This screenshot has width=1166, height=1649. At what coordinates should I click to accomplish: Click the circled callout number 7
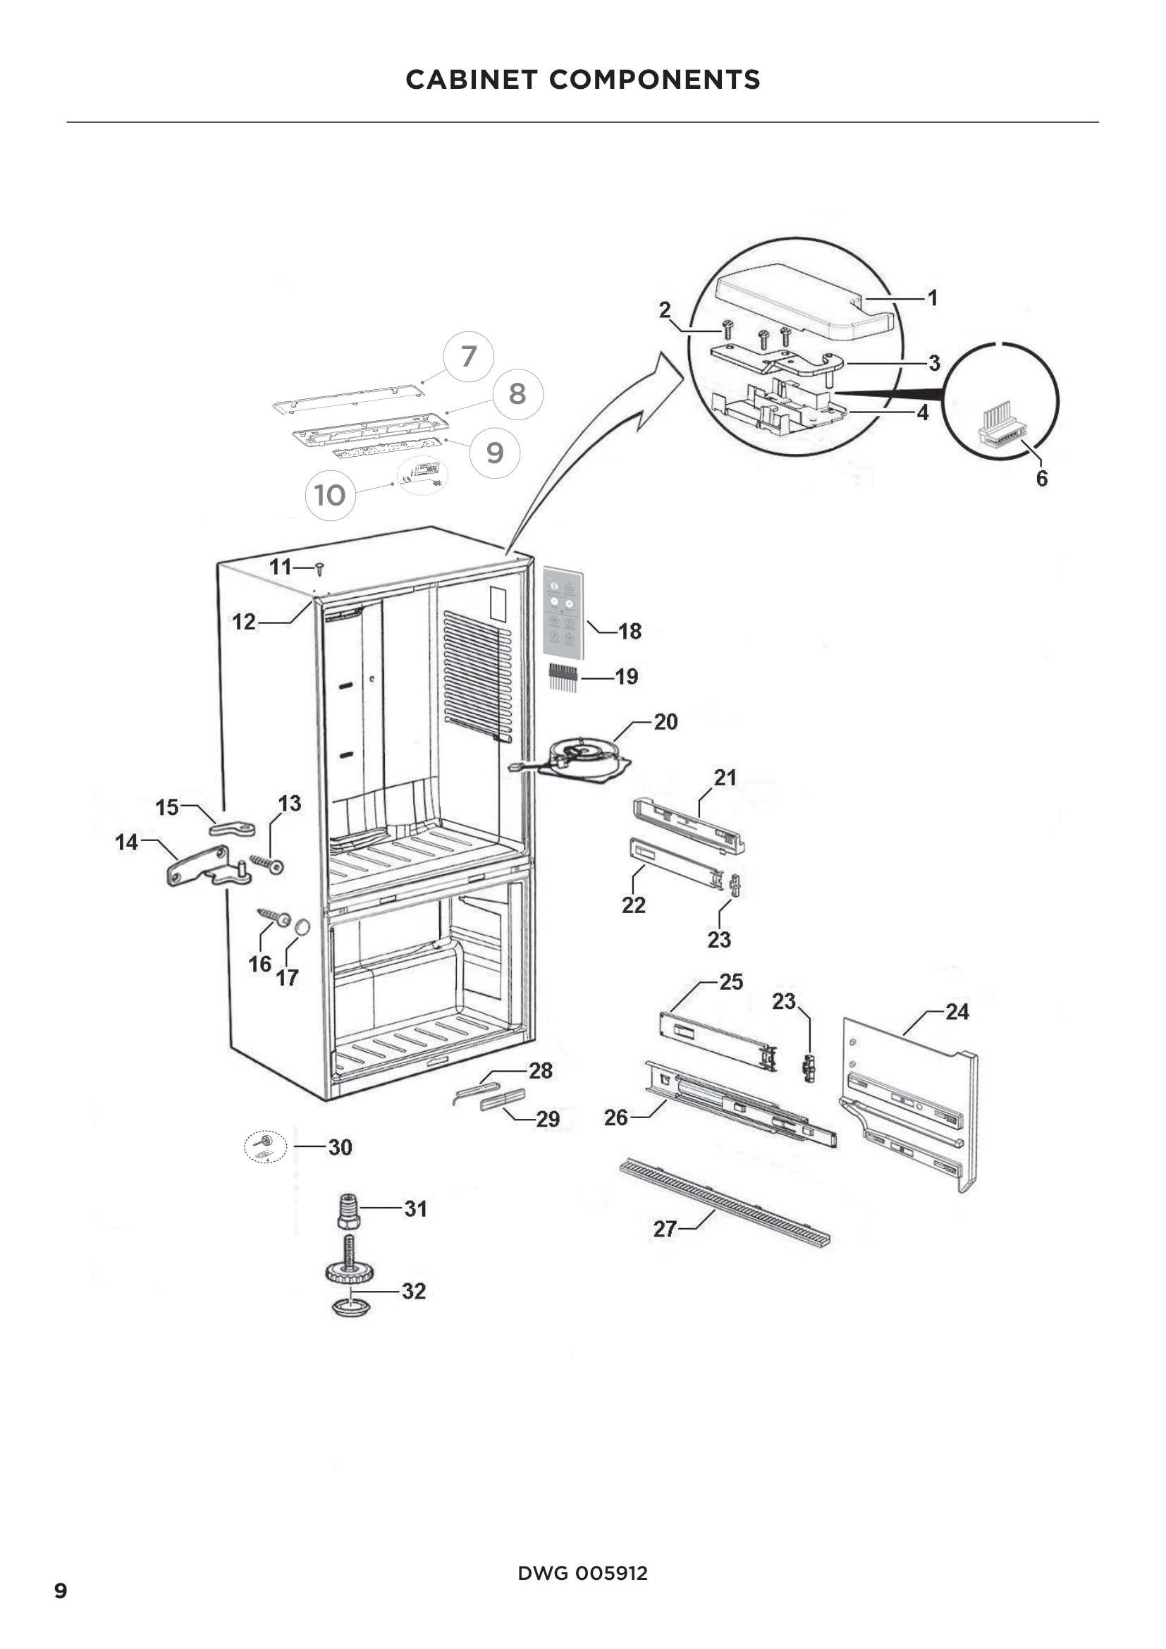468,356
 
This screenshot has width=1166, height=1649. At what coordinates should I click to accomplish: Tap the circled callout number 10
330,495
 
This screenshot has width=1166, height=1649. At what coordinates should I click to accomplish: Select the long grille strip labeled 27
725,1199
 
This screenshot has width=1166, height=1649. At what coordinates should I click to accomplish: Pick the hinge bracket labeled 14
204,869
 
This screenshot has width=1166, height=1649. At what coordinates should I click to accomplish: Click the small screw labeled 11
319,569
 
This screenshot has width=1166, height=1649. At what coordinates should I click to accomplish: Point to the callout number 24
957,1011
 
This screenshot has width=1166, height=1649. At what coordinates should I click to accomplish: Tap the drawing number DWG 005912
582,1573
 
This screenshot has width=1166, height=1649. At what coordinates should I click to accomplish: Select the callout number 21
725,777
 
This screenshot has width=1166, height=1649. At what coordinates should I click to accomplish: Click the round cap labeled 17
302,927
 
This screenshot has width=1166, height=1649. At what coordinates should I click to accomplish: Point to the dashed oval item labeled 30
266,1147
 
